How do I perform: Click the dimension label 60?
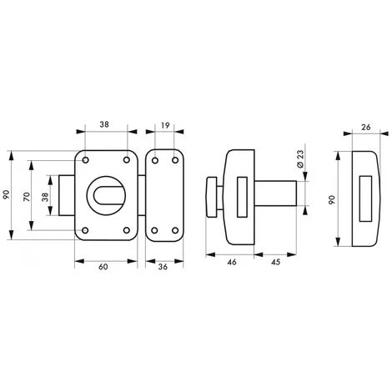103,267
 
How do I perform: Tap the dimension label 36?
163,267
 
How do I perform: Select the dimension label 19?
165,125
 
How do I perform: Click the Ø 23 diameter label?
300,158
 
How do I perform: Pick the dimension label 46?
232,262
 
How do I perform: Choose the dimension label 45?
275,262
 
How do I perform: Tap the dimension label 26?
366,127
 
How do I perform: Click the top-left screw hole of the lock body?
85,160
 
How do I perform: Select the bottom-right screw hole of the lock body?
127,230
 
